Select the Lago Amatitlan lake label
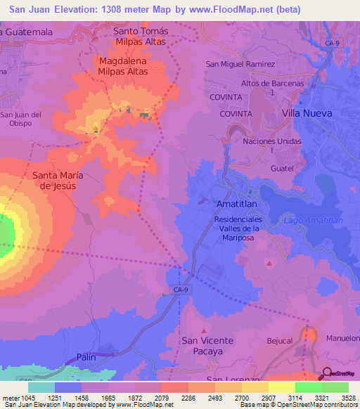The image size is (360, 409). click(x=313, y=220)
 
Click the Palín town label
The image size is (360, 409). click(x=86, y=357)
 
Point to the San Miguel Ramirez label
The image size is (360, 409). click(x=240, y=64)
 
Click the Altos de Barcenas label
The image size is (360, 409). click(x=267, y=87)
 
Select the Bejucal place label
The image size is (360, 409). click(x=279, y=340)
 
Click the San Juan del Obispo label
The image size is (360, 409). click(x=21, y=119)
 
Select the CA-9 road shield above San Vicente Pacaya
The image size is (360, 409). click(x=178, y=288)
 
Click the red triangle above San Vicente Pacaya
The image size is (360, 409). click(x=204, y=330)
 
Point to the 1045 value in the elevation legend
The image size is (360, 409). click(x=20, y=398)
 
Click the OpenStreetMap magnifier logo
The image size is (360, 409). click(x=328, y=373)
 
